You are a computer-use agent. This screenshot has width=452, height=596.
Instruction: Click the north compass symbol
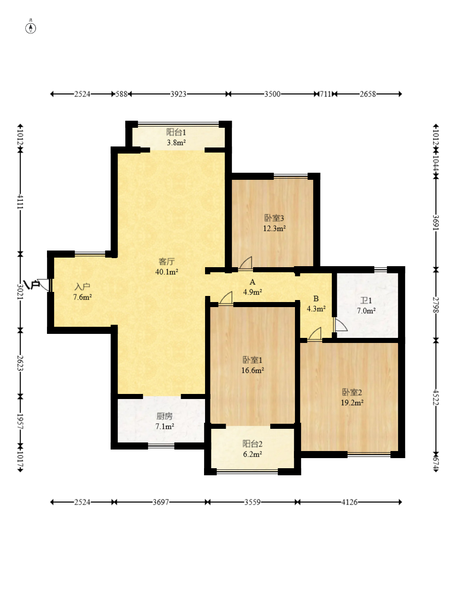point(31,28)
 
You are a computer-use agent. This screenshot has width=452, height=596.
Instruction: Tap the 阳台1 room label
point(176,132)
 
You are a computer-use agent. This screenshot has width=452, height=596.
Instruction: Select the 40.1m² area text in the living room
point(167,272)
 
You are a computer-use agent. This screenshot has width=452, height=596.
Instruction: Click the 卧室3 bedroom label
point(274,218)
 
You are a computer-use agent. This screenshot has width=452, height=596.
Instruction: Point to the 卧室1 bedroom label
point(253,360)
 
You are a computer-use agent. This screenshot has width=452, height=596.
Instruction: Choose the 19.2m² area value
point(352,403)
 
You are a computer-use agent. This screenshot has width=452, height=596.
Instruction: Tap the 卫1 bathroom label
point(366,301)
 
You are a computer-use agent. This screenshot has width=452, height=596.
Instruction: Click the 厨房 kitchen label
point(165,416)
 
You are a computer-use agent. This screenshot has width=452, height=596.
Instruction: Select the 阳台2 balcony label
point(253,444)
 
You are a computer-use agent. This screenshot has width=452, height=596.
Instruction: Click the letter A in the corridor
point(253,282)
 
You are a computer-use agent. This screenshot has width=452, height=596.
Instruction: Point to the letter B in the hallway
point(316,299)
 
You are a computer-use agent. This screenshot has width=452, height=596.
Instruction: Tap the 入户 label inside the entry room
point(82,287)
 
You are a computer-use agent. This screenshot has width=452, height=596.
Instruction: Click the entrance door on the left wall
point(44,285)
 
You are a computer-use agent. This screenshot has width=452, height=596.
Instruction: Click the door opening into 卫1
point(340,325)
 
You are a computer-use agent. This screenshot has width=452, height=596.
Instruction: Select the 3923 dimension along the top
point(178,94)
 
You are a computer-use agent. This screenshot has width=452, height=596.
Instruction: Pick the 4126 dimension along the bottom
point(349,502)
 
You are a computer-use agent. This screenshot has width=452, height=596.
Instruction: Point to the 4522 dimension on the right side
point(436,398)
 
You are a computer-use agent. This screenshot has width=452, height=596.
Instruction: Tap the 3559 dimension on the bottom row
point(253,502)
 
